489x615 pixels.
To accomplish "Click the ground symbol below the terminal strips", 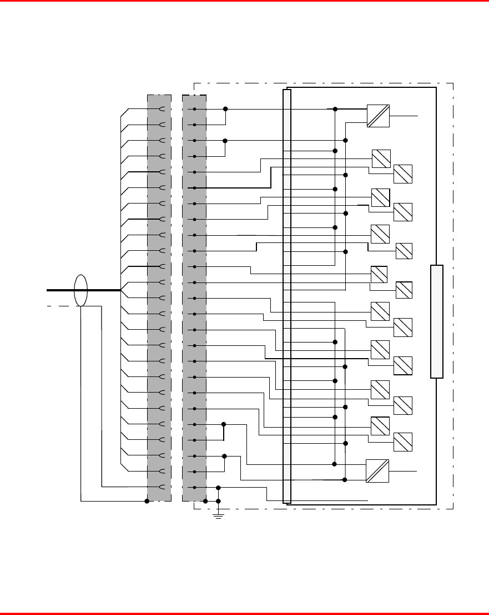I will (218, 517).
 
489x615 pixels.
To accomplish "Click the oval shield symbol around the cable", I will (81, 290).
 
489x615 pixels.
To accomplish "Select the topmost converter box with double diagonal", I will (378, 116).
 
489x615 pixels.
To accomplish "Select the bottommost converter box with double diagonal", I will (377, 471).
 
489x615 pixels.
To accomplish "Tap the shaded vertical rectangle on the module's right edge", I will (437, 322).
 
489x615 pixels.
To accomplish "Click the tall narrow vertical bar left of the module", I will (287, 296).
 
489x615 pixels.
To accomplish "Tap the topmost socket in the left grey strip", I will (162, 109).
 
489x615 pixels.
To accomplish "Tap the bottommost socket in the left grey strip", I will (162, 487).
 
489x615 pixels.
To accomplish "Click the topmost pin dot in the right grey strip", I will (195, 109).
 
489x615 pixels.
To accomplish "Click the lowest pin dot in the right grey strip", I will (195, 487).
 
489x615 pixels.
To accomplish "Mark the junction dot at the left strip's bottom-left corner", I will (147, 501).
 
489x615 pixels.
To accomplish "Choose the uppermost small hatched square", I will (381, 158).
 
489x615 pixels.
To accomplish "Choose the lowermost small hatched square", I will (403, 442).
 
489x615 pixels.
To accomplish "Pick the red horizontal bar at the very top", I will (244, 1).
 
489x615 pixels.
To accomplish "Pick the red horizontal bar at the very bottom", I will (244, 613).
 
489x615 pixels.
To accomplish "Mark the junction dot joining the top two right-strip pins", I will (225, 109).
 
